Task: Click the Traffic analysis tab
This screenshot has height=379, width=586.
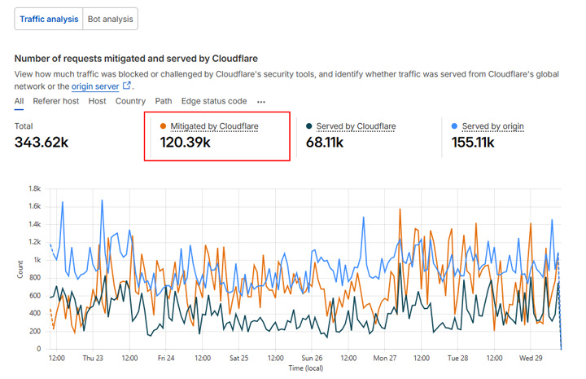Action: pyautogui.click(x=48, y=19)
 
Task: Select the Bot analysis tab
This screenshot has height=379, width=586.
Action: pyautogui.click(x=110, y=19)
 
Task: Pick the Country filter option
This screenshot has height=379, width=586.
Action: pyautogui.click(x=130, y=101)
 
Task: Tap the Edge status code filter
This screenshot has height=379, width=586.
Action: pyautogui.click(x=214, y=101)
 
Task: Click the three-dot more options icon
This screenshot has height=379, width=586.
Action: pyautogui.click(x=261, y=102)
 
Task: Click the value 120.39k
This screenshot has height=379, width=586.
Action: pyautogui.click(x=180, y=143)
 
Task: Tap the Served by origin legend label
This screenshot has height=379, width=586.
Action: pyautogui.click(x=492, y=126)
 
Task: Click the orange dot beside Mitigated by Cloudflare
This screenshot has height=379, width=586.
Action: pyautogui.click(x=164, y=126)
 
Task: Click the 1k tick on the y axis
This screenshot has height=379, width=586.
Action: pyautogui.click(x=37, y=259)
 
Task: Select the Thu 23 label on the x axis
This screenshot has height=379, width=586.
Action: pyautogui.click(x=93, y=358)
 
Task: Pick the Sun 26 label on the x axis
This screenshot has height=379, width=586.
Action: pyautogui.click(x=313, y=358)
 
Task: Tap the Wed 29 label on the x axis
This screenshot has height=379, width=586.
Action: pyautogui.click(x=532, y=358)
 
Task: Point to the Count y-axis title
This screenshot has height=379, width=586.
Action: pyautogui.click(x=20, y=269)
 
